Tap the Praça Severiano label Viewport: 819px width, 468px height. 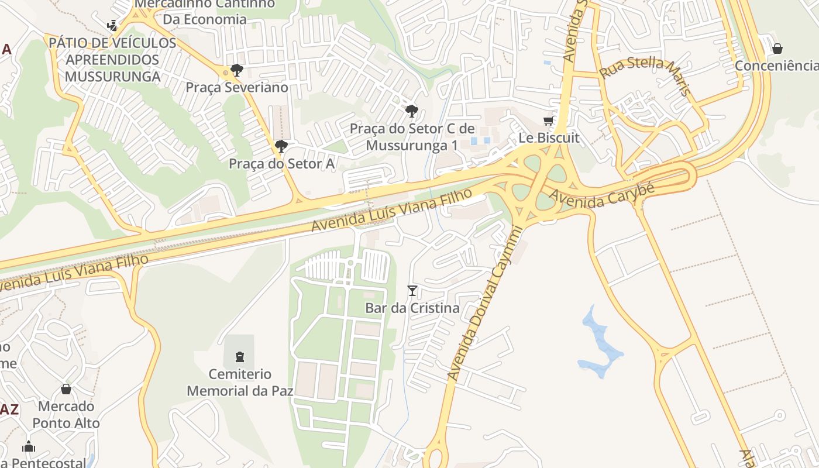coord(237,88)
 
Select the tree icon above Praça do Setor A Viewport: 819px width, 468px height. coord(281,146)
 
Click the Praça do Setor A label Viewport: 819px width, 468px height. coord(281,164)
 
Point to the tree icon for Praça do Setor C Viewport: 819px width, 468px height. coord(412,111)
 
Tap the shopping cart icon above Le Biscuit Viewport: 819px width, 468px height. coord(549,121)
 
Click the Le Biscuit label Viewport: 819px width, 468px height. coord(549,138)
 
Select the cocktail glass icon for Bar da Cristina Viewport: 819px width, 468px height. coord(412,291)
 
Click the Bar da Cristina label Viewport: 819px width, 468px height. coord(412,308)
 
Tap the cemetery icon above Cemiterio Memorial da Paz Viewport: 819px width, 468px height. coord(239,356)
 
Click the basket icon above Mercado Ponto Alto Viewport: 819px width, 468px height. coord(66,389)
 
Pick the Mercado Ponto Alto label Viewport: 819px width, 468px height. coord(66,414)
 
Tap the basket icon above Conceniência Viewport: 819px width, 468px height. coord(777,49)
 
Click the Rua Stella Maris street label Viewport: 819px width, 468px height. coord(646,75)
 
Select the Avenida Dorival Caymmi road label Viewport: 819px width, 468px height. coord(483,303)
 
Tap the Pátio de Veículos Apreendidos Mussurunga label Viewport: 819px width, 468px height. coord(112,60)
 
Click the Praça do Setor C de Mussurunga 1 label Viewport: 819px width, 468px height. coord(420,137)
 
